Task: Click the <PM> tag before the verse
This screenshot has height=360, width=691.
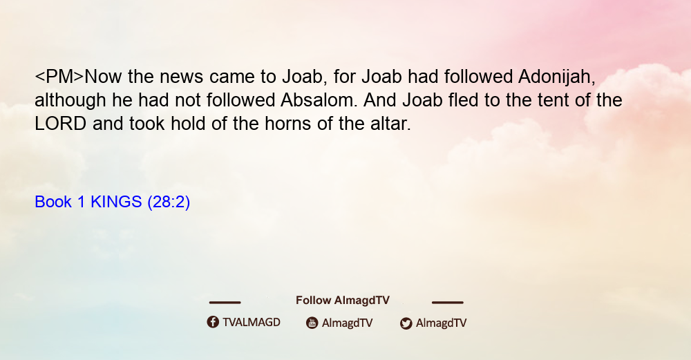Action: [x=59, y=77]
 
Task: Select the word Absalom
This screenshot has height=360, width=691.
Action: [x=317, y=100]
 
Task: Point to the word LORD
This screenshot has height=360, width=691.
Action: [x=60, y=124]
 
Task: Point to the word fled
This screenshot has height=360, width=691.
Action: [x=463, y=100]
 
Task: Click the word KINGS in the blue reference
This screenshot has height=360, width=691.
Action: [x=116, y=202]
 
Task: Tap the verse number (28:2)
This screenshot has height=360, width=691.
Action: [x=169, y=202]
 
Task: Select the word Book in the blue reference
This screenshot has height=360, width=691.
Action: [x=53, y=202]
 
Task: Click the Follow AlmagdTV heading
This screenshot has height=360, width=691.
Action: [x=343, y=301]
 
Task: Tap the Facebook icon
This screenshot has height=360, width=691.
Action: [x=213, y=322]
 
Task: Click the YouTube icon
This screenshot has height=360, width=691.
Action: [x=312, y=323]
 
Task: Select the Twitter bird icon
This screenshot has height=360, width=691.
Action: [x=406, y=323]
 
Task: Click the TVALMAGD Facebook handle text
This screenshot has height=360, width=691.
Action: [x=252, y=323]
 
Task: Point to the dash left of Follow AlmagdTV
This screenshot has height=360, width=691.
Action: [x=225, y=302]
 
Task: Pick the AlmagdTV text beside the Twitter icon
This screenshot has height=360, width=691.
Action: [x=441, y=323]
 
